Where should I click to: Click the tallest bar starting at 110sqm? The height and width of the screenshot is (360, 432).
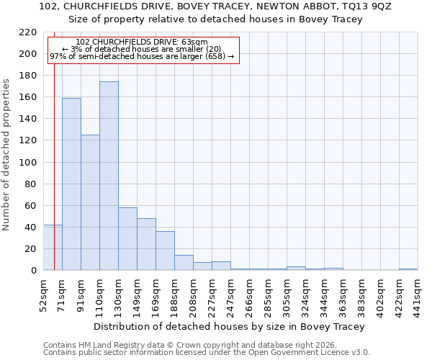[x=109, y=176]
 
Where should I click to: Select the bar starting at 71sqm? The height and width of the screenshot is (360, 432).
[x=71, y=184]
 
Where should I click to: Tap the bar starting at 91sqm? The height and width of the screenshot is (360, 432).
[x=90, y=202]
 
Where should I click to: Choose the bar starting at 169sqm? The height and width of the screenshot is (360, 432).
[x=165, y=251]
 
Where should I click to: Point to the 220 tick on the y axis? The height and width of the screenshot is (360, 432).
[x=28, y=32]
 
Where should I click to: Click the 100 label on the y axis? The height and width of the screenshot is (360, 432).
[x=28, y=163]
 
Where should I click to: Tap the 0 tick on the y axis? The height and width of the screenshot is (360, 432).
[x=33, y=271]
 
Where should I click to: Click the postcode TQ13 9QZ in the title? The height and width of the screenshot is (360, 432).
[x=364, y=6]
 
